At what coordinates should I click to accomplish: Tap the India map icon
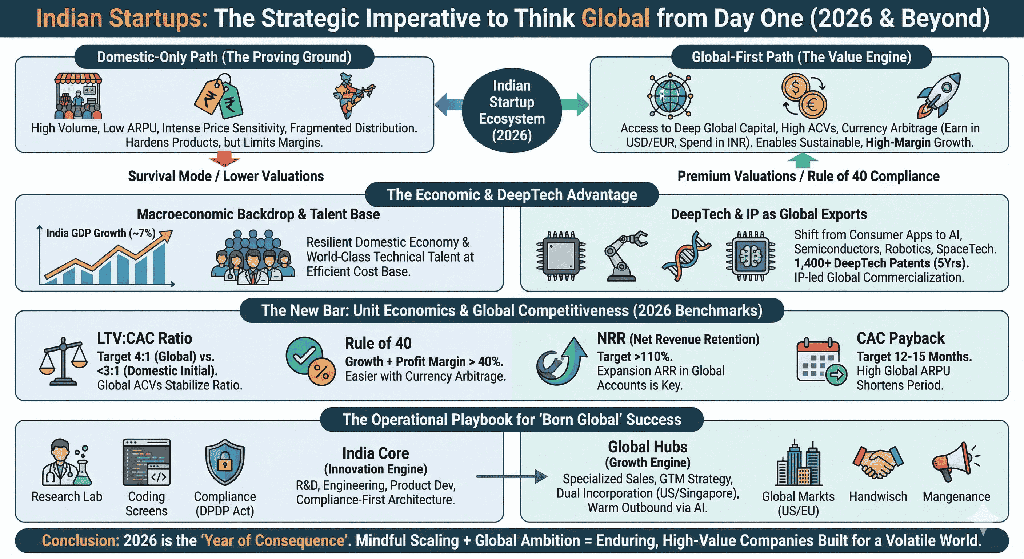point(353,95)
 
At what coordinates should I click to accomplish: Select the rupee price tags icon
point(219,97)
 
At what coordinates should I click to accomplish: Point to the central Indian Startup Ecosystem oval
point(512,110)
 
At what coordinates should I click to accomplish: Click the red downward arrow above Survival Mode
point(225,159)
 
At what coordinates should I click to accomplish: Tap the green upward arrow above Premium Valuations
point(803,161)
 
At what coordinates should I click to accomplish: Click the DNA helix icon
point(686,256)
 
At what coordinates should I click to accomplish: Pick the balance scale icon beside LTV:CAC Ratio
point(63,361)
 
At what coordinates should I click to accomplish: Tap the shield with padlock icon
point(225,462)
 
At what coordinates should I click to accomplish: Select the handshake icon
point(878,462)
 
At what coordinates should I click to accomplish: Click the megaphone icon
point(956,461)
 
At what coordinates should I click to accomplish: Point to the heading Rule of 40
point(378,343)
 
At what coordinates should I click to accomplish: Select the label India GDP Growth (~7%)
point(101,233)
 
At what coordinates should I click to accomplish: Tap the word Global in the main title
point(615,18)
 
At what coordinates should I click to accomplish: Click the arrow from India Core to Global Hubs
point(512,476)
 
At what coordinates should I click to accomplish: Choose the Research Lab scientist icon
point(67,462)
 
